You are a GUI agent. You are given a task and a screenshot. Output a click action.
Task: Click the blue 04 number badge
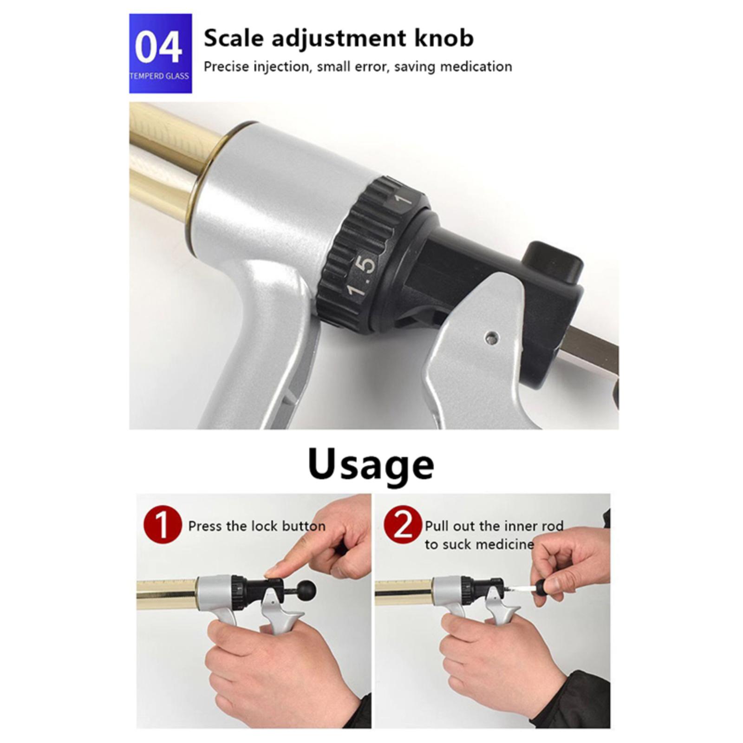click(x=160, y=53)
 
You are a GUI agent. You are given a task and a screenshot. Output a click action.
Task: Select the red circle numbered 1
click(x=163, y=525)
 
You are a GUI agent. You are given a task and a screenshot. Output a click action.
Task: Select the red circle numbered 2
click(x=403, y=525)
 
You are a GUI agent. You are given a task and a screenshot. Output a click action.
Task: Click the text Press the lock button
click(x=257, y=526)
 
